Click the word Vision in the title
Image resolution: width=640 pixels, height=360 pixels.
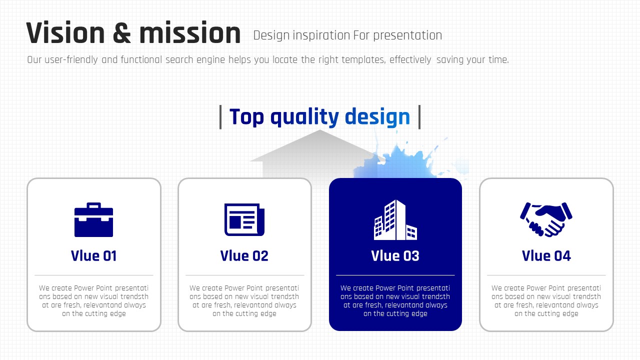point(65,32)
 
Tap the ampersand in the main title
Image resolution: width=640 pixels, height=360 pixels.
point(122,33)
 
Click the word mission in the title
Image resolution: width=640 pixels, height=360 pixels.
point(190,32)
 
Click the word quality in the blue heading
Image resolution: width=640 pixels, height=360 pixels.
point(304,117)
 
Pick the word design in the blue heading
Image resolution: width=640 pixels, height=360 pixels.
point(377,117)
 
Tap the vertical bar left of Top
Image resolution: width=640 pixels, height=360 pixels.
point(220,117)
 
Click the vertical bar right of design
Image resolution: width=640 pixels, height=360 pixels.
point(419,117)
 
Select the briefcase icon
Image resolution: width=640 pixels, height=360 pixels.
point(93,219)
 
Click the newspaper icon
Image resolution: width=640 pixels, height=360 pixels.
point(244,219)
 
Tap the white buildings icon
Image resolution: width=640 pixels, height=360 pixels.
point(395,219)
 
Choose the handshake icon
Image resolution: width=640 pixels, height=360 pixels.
point(546,219)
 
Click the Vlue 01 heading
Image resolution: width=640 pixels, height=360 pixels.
point(93,255)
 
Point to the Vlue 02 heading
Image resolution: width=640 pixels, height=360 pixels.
point(244,255)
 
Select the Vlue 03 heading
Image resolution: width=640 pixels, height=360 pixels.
point(395,255)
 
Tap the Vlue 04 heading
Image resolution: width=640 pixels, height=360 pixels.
point(546,255)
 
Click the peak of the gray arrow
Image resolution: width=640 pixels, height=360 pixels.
point(319,130)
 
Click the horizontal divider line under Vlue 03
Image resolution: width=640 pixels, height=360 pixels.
point(395,275)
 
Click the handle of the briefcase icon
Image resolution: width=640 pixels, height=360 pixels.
point(93,204)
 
